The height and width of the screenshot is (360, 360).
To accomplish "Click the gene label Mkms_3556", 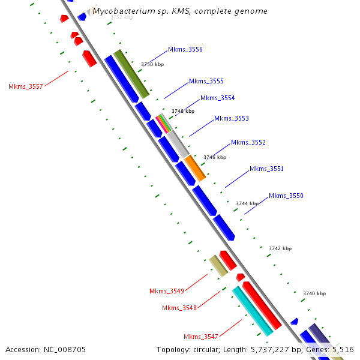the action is click(185, 49).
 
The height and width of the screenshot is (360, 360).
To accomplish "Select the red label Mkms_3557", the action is click(26, 86).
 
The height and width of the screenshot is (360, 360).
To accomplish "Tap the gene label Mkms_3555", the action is click(206, 81).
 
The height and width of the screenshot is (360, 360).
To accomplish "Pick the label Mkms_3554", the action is click(217, 98).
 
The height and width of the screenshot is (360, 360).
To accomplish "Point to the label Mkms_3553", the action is click(231, 119).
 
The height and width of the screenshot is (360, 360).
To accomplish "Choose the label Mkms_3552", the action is click(248, 142).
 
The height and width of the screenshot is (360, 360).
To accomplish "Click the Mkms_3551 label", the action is click(266, 169).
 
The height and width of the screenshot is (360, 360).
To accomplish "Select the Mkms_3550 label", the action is click(286, 196).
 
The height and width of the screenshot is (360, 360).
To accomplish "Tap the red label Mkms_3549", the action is click(166, 291).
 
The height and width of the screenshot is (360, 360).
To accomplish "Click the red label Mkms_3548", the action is click(179, 308).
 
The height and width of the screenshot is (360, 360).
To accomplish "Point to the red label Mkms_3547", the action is click(201, 336).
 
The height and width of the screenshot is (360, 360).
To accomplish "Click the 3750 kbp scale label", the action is click(152, 64).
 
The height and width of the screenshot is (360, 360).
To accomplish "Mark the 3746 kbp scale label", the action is click(215, 157).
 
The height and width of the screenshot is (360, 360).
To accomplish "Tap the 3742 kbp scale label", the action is click(280, 248).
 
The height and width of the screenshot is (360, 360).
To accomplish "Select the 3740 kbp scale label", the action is click(314, 293).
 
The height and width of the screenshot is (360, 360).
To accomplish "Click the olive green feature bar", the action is click(131, 74).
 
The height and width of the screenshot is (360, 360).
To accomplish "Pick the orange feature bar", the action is click(194, 168).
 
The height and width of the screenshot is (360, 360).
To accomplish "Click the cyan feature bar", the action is click(252, 311).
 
